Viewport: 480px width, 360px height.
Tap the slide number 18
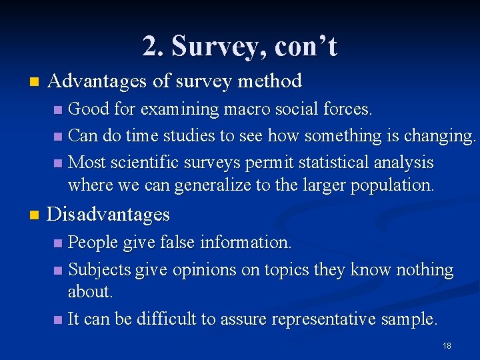[447, 346]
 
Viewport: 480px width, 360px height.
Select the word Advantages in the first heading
[97, 81]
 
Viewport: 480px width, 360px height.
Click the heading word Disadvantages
[109, 215]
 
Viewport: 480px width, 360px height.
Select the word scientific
[139, 163]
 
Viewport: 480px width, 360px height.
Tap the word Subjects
[100, 270]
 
